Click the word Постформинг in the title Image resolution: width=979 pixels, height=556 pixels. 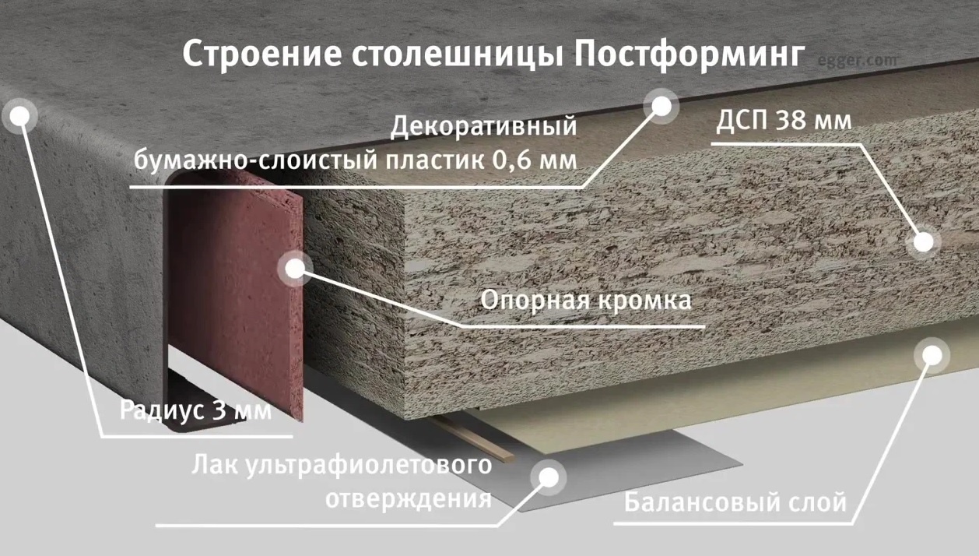point(690,55)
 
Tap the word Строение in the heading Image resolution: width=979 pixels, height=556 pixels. point(261,55)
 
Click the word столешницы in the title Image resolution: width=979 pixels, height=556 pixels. point(458,55)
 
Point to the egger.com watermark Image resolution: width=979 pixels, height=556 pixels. point(857,61)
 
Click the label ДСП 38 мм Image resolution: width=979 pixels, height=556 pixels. point(784,120)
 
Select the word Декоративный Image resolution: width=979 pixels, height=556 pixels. point(483,126)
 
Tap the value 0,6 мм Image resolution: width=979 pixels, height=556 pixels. point(535,160)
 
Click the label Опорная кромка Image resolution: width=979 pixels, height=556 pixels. point(586,301)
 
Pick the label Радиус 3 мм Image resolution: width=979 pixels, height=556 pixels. point(195,410)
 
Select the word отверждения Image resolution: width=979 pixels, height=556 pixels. point(409,499)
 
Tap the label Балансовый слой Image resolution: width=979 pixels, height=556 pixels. point(735,502)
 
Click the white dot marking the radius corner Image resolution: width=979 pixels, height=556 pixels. point(19,116)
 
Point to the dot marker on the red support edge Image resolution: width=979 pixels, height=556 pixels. point(295,269)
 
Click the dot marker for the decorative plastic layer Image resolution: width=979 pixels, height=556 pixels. point(661,106)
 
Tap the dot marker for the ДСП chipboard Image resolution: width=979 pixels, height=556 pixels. point(924,241)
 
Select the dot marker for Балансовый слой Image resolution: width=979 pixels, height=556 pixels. point(932,355)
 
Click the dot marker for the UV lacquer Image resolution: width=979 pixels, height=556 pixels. point(549,477)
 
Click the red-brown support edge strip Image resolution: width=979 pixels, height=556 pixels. point(236,293)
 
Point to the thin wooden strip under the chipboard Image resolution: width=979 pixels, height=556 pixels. point(474,438)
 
